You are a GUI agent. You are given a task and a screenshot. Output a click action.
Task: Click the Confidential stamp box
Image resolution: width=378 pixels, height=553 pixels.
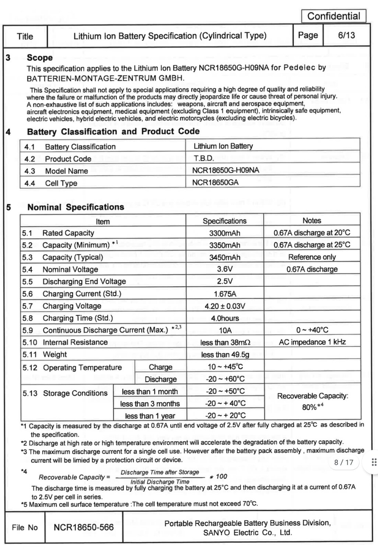click(333, 16)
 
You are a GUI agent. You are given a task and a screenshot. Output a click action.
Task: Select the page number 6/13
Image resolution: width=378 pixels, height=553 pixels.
click(346, 35)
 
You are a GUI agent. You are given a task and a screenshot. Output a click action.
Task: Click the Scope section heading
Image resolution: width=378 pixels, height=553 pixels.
click(40, 58)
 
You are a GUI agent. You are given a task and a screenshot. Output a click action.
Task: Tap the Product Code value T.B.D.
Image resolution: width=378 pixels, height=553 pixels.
click(204, 159)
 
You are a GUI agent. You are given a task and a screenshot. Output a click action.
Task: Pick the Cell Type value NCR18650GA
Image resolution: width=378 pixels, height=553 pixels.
click(215, 182)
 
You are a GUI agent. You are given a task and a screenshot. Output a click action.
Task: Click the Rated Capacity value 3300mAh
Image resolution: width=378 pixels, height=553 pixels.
click(224, 233)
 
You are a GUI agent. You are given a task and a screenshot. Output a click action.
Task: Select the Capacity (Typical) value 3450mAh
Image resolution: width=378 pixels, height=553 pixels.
click(224, 257)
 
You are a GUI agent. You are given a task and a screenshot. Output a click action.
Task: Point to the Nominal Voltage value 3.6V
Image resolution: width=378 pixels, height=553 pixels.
click(225, 269)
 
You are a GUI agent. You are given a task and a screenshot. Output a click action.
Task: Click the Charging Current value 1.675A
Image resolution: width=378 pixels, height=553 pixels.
click(225, 294)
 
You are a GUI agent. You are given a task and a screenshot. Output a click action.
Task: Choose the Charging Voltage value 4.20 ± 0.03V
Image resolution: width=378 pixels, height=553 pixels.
click(225, 306)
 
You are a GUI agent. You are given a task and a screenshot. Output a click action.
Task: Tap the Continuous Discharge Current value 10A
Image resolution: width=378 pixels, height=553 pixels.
click(225, 330)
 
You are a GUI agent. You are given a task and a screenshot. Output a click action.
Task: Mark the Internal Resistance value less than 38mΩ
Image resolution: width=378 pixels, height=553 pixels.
click(225, 342)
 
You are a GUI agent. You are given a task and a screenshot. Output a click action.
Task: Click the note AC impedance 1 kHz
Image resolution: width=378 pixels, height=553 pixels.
click(312, 342)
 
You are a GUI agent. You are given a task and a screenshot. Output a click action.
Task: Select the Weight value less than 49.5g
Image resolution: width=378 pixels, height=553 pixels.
click(225, 355)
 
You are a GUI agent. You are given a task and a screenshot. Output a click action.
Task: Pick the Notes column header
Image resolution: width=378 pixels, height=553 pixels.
click(312, 220)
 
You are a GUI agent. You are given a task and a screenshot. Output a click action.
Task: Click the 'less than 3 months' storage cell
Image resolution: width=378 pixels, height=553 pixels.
click(150, 404)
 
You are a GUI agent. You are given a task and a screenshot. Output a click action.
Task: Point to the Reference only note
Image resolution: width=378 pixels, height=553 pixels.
click(312, 257)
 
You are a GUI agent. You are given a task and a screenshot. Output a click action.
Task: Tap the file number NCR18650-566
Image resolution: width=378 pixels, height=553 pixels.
click(84, 528)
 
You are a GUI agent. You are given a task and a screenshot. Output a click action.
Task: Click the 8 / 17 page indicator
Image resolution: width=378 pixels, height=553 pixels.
click(343, 462)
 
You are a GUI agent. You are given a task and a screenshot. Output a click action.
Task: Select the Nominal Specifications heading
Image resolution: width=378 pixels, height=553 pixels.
click(76, 207)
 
